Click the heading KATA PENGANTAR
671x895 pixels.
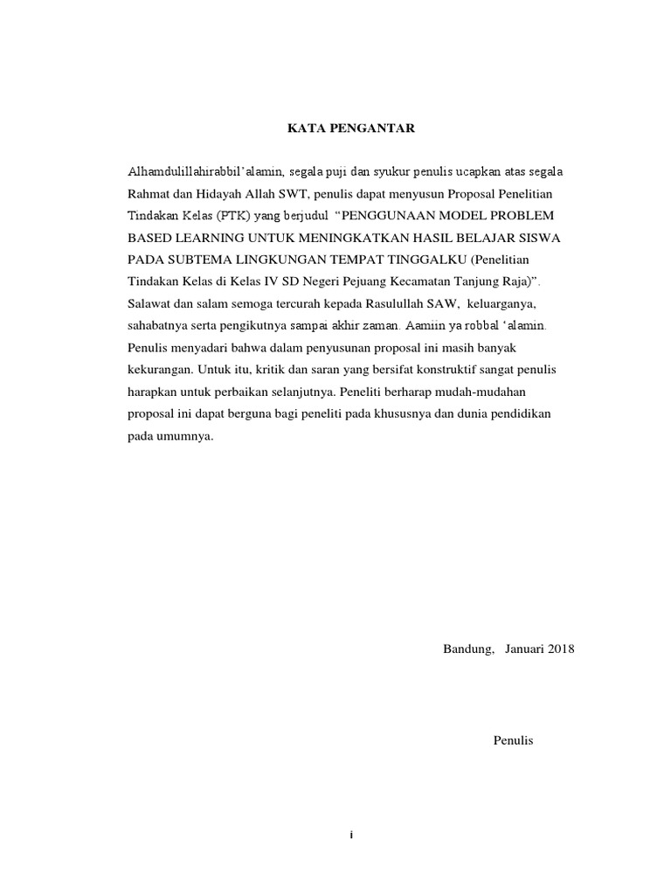[x=353, y=129]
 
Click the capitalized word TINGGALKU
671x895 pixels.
[x=422, y=260]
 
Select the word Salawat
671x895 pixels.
[x=149, y=303]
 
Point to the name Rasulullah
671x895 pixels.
[x=414, y=303]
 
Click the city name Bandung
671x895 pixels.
[x=468, y=650]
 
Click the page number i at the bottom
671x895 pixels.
[x=350, y=836]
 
